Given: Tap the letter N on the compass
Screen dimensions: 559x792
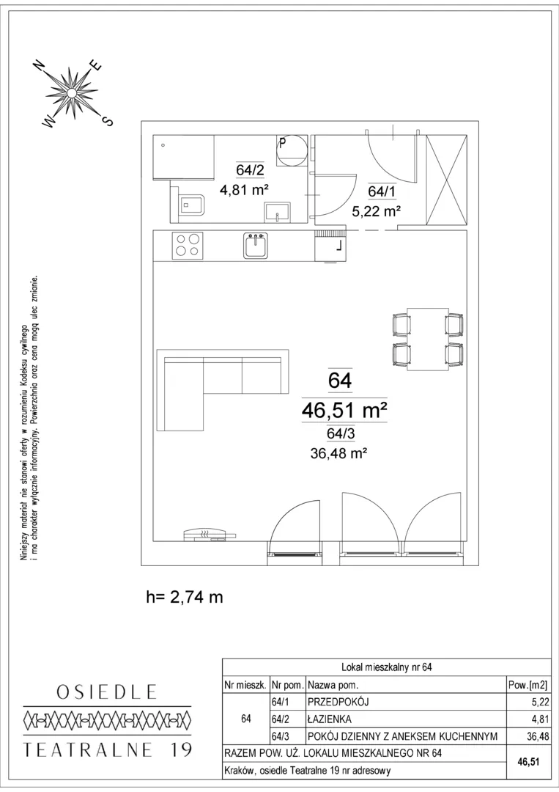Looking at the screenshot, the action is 38,66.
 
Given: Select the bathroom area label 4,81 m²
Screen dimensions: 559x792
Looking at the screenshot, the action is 243,191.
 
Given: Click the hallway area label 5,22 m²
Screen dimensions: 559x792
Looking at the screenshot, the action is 377,212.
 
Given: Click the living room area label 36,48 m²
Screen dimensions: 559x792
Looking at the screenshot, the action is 338,454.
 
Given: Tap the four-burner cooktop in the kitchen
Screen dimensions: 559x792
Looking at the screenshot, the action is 188,245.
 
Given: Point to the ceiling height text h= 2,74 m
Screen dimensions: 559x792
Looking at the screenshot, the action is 184,597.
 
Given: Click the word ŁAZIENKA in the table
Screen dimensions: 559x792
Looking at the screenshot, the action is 330,719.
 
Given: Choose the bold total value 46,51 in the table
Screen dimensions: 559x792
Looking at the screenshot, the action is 528,761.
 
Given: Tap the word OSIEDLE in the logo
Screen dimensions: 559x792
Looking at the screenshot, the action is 107,692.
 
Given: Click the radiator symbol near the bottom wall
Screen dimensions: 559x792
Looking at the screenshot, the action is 208,534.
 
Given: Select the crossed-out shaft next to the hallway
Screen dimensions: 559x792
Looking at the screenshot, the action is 446,180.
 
